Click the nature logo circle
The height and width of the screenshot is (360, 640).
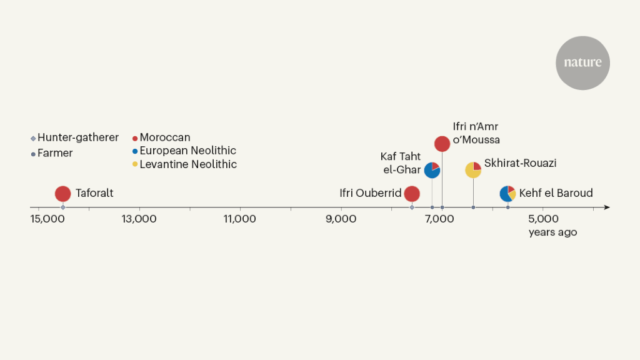point(582,62)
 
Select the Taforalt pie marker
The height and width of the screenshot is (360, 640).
point(62,194)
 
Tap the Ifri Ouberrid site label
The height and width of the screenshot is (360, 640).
point(370,193)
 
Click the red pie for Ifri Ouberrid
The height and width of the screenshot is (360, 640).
point(411,194)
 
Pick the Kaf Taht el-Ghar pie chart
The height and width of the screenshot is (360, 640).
point(432,170)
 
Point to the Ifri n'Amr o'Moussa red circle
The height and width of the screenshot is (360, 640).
point(442,144)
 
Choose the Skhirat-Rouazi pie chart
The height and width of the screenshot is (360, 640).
point(473,170)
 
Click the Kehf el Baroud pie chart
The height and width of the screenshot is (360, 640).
point(507,194)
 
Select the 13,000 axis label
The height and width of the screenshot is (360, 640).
point(139,219)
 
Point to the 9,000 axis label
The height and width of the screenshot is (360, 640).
point(341,219)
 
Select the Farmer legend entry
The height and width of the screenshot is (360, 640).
point(54,153)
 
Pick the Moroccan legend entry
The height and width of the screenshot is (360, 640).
point(164,137)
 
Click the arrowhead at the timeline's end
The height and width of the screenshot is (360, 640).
point(607,207)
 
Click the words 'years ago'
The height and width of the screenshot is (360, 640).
point(552,232)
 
